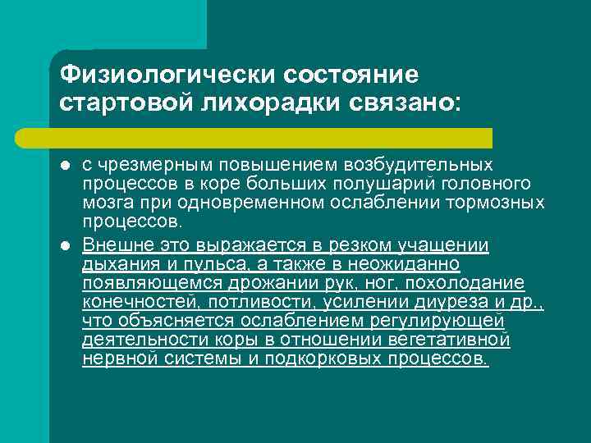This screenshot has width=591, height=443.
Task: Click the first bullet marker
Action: [x=65, y=166]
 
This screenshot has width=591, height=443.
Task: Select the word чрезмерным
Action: [x=152, y=165]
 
